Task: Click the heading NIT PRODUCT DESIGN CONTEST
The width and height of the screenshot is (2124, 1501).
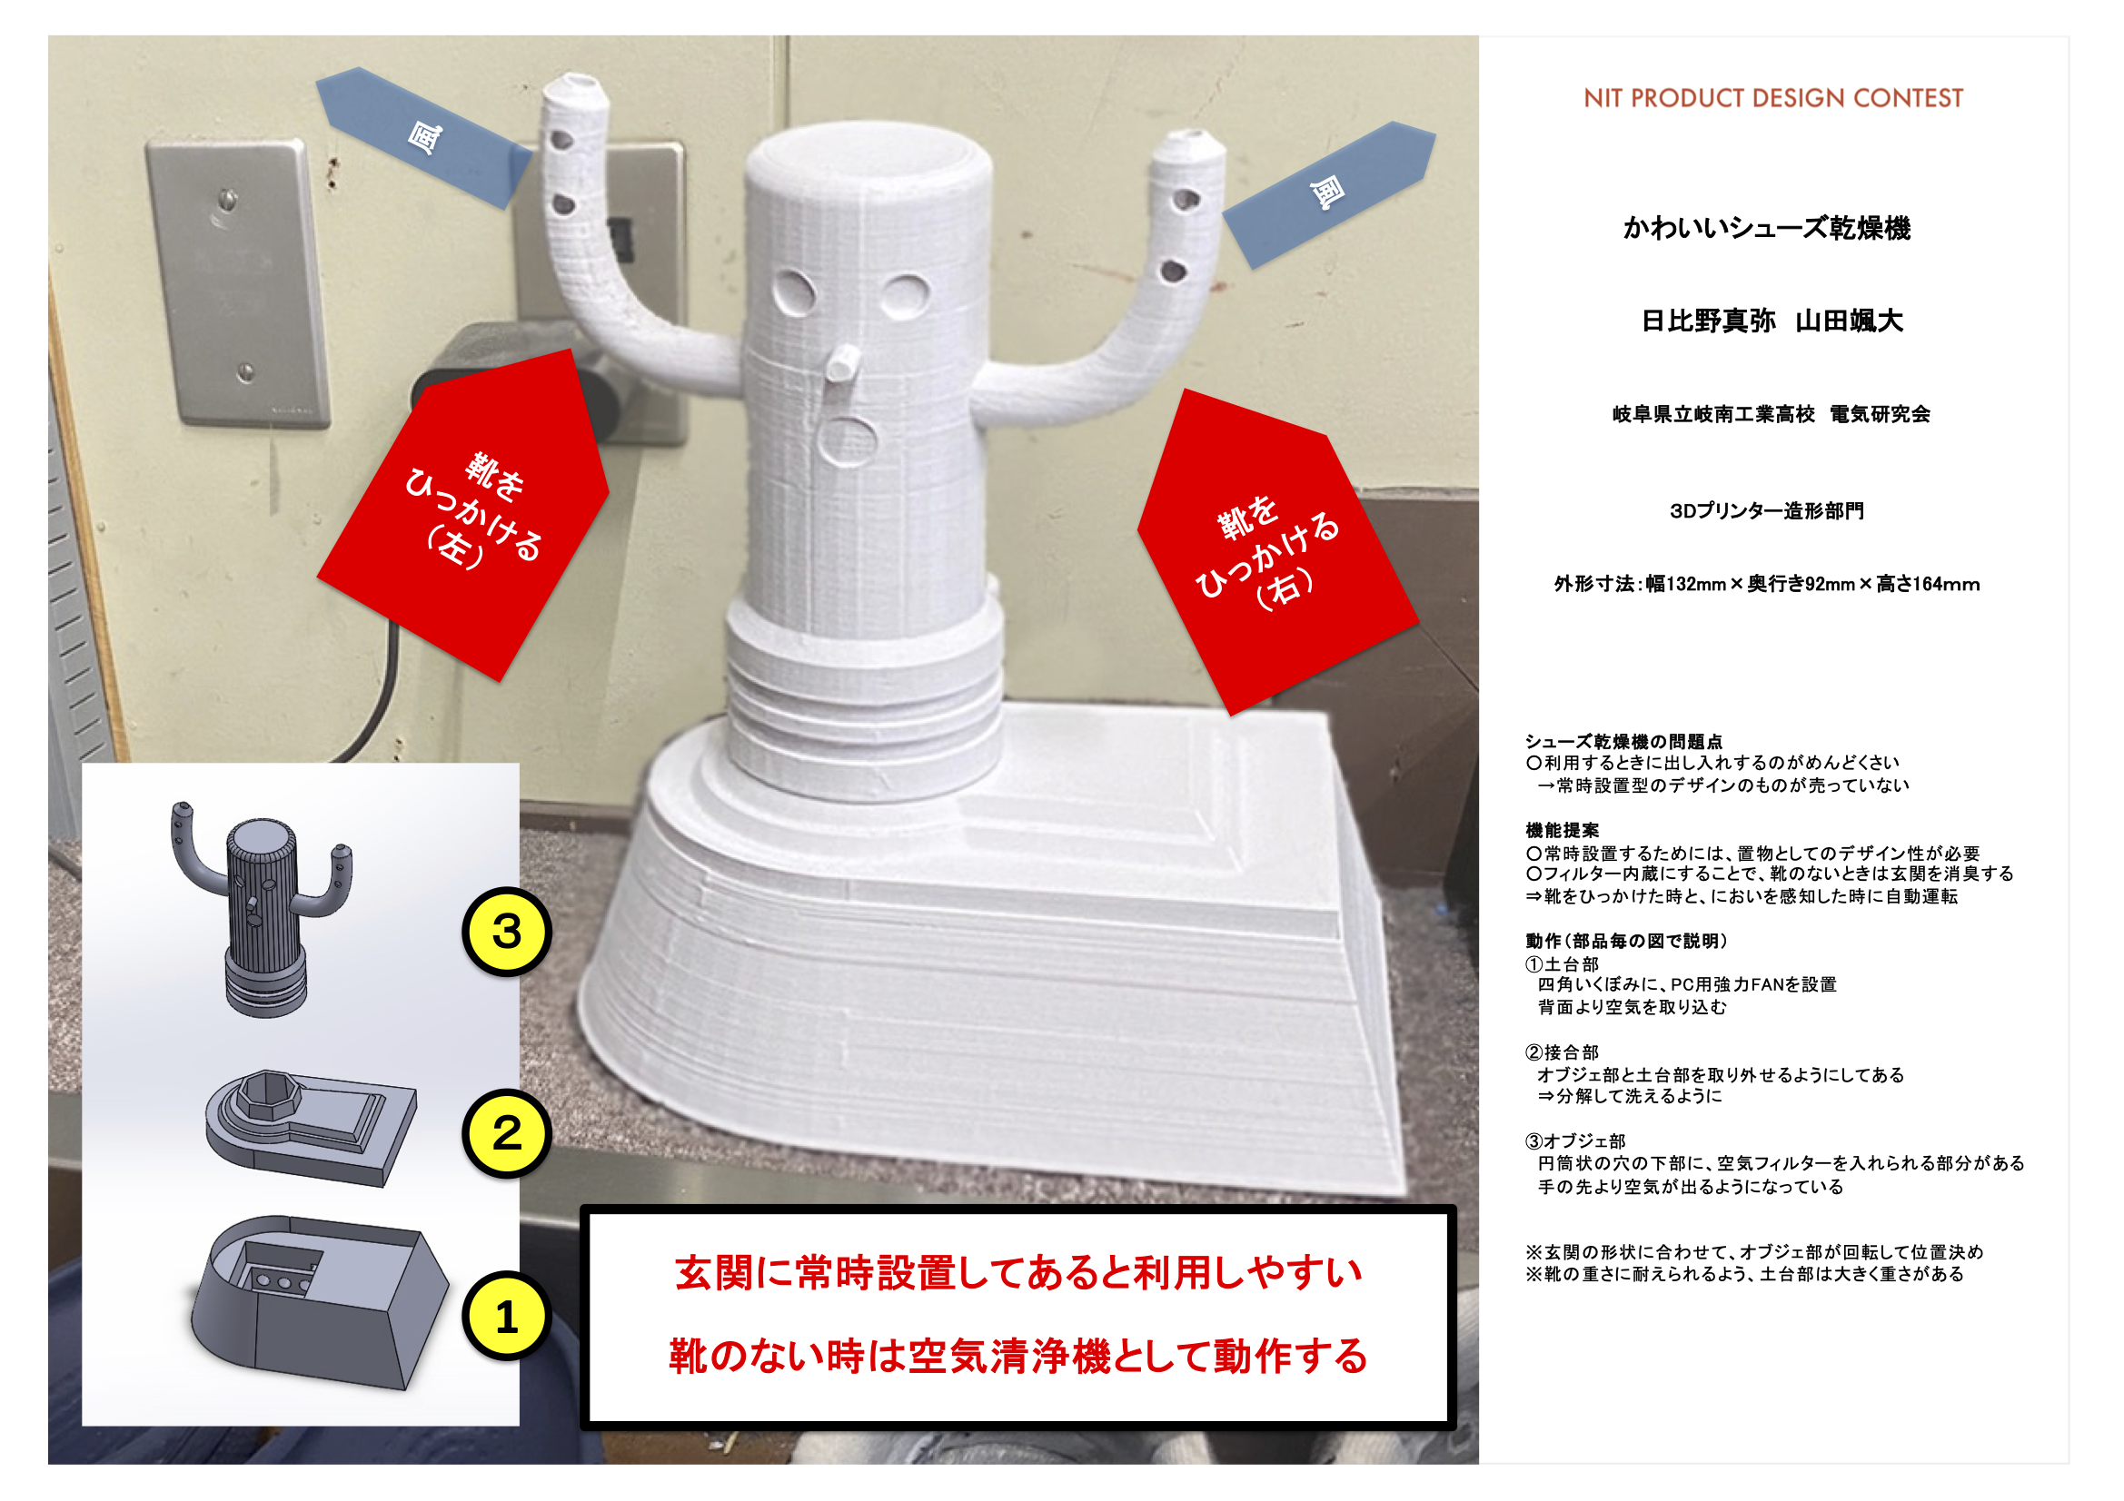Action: (1772, 98)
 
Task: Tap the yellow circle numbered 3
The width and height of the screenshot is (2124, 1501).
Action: (507, 932)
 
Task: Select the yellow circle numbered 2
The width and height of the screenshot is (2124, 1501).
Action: (507, 1133)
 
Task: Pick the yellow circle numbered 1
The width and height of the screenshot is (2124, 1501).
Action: (507, 1316)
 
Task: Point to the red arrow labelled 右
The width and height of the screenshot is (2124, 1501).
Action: (1276, 553)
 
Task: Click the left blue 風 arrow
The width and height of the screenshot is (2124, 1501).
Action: (423, 137)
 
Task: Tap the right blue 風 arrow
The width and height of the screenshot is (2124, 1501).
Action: (1329, 194)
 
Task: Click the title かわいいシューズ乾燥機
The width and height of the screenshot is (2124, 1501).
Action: (1767, 228)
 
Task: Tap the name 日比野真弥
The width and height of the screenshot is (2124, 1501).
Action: (1708, 321)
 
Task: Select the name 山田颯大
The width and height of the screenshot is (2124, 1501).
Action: (1850, 321)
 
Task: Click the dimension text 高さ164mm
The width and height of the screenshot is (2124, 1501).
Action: (1928, 585)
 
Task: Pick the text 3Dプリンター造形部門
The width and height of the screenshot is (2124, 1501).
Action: (1767, 511)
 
